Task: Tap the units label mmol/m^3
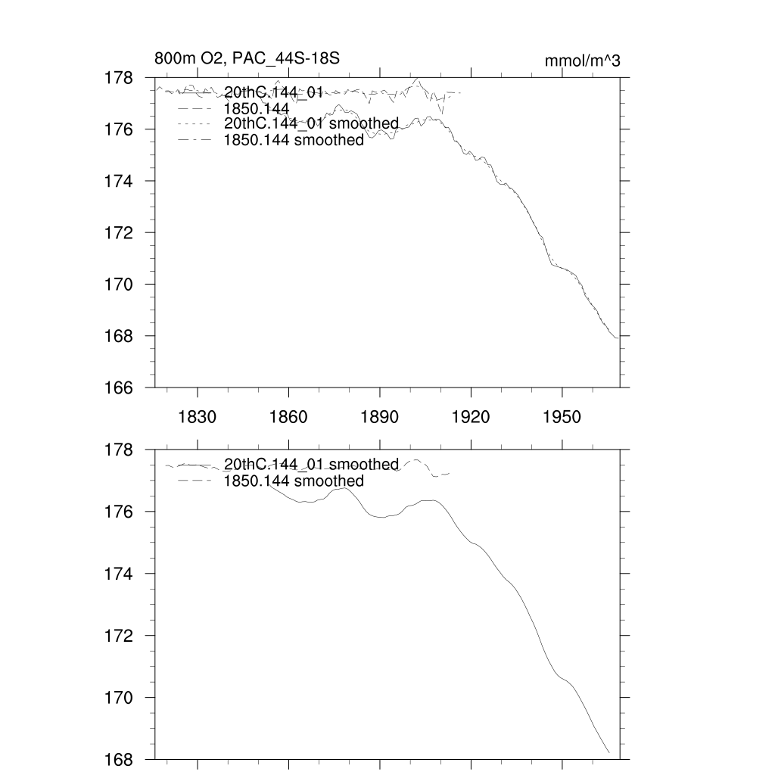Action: coord(582,61)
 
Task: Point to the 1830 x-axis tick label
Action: coord(197,417)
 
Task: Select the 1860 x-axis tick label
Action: coord(288,417)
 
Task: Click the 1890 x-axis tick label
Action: coord(380,417)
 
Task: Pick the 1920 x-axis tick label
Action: coord(471,417)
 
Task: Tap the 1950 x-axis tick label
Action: coord(562,417)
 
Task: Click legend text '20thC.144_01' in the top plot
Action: coord(274,93)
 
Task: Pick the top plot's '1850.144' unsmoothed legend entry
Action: coord(257,109)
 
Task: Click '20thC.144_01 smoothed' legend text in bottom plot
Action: coord(311,464)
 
